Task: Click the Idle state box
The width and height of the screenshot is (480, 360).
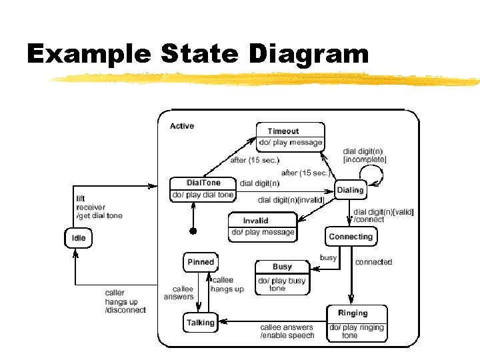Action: (78, 238)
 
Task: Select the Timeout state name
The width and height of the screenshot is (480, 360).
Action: (283, 131)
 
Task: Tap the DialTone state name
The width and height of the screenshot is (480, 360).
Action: (203, 183)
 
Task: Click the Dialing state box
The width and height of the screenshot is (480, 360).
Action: (351, 190)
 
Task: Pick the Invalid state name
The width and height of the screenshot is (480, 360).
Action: (255, 221)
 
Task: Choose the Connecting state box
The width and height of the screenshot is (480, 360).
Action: (351, 237)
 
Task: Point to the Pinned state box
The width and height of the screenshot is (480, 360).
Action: (201, 262)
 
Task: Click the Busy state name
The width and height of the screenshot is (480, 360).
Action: (282, 267)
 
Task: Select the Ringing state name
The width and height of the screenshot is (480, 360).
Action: (353, 313)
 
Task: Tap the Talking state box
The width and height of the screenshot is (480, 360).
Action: (201, 323)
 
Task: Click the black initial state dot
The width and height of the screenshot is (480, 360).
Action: (193, 231)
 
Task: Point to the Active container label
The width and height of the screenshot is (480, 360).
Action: (182, 126)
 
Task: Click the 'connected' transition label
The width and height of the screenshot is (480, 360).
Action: (373, 262)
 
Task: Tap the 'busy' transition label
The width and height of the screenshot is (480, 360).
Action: (328, 257)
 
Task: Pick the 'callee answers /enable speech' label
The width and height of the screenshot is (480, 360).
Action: (287, 331)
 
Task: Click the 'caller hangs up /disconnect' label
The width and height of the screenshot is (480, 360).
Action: (125, 301)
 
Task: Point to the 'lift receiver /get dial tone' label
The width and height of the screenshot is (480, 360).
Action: (99, 207)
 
